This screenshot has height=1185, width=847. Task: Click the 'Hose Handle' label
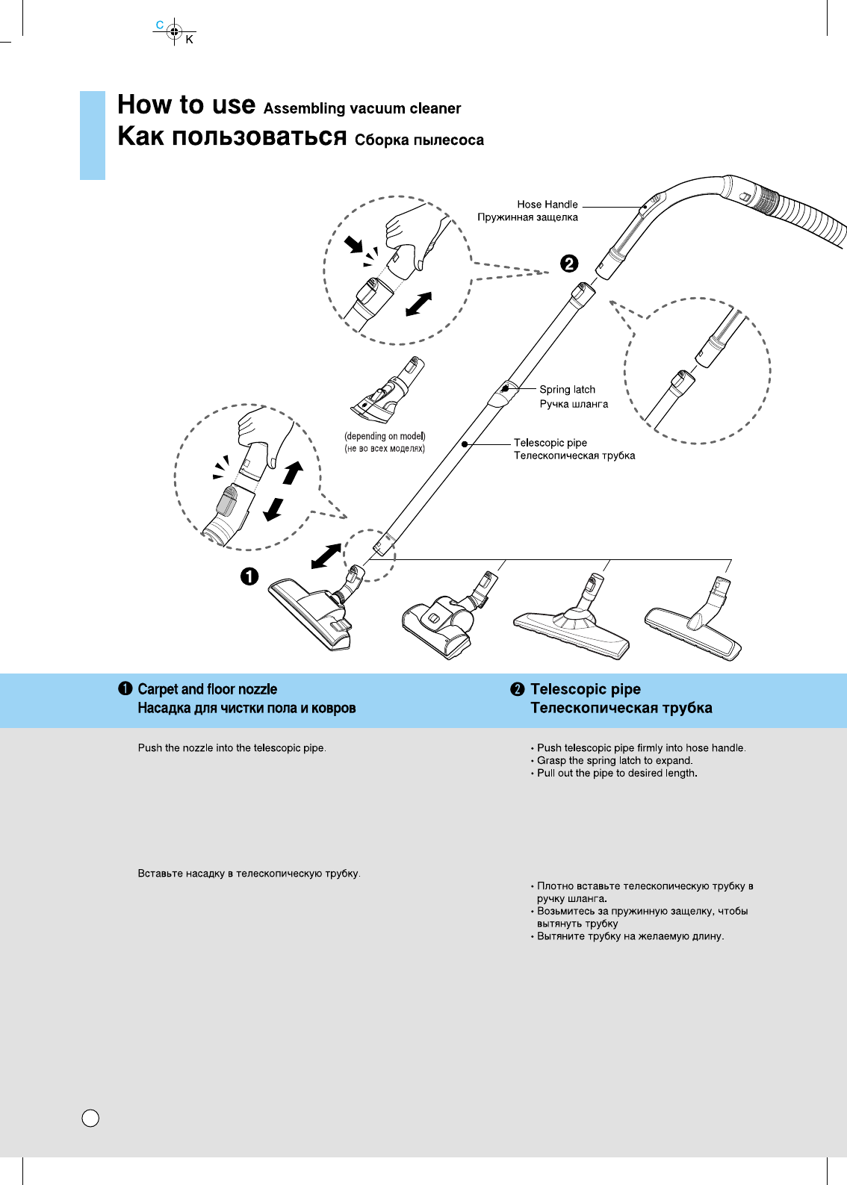click(547, 204)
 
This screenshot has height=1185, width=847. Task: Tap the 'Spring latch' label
click(567, 389)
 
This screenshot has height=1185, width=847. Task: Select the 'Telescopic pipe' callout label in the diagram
click(550, 443)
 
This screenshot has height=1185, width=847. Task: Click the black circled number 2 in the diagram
click(569, 264)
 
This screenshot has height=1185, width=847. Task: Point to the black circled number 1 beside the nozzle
click(249, 576)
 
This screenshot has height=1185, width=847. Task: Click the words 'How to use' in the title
click(186, 105)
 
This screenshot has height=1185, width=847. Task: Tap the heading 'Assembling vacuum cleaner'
click(362, 109)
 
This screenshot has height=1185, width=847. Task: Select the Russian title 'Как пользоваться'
click(232, 137)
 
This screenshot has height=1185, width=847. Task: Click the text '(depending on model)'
click(385, 436)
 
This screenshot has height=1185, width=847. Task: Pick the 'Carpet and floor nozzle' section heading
click(207, 689)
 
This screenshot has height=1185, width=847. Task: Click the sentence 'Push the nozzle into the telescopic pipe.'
click(232, 747)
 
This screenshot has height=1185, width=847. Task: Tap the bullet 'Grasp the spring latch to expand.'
click(615, 760)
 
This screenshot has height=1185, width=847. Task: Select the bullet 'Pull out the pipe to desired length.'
click(617, 773)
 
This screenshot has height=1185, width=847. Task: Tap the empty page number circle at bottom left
click(90, 1118)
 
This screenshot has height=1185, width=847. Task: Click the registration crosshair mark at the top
click(174, 31)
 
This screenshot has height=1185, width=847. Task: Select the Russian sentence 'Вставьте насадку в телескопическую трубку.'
click(249, 873)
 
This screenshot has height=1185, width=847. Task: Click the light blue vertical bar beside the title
click(93, 135)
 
